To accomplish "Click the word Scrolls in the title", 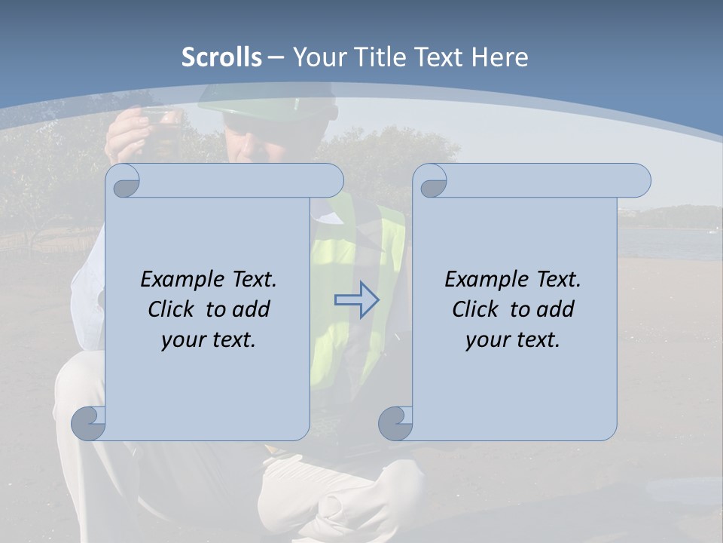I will pyautogui.click(x=221, y=57).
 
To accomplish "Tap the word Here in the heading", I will pyautogui.click(x=499, y=57).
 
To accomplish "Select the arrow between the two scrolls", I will pyautogui.click(x=356, y=299).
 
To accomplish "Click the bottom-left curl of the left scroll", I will pyautogui.click(x=89, y=423).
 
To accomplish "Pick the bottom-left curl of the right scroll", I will pyautogui.click(x=396, y=423).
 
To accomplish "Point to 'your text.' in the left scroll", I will pyautogui.click(x=209, y=339).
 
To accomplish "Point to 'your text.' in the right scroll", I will pyautogui.click(x=513, y=339).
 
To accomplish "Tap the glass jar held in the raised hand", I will pyautogui.click(x=160, y=120).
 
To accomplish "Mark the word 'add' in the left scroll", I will pyautogui.click(x=251, y=309).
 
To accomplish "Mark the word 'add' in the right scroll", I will pyautogui.click(x=555, y=309).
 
